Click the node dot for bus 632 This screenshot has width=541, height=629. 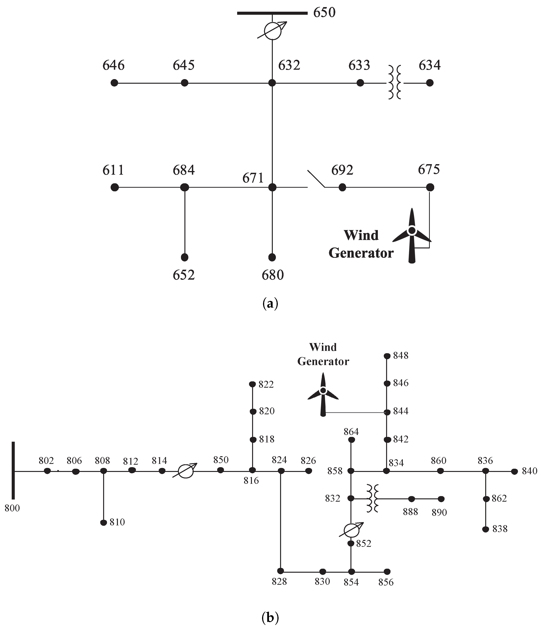coord(272,83)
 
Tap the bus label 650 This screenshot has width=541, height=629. coord(324,13)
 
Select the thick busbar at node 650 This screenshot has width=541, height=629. coord(272,13)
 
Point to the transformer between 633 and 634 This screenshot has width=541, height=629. coord(395,82)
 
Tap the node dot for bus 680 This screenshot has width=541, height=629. coord(272,257)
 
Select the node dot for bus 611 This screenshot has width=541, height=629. coord(114,187)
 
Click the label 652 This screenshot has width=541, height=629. coord(184,275)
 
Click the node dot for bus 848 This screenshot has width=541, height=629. coord(387,356)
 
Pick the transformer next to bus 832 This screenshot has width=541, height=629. coord(373,498)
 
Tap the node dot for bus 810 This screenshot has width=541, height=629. coord(104,523)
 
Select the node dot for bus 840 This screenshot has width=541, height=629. coord(514,471)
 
